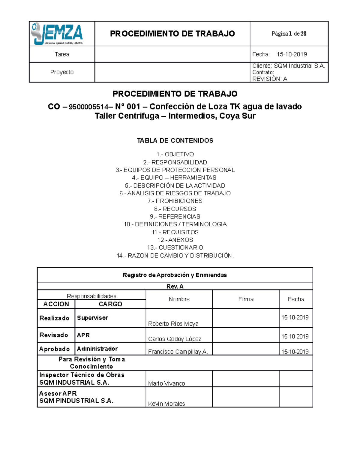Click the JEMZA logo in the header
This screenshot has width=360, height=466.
point(57,34)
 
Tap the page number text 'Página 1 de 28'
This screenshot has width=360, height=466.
point(289,34)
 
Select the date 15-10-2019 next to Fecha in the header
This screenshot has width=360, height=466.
point(292,54)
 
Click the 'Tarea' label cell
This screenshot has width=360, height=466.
point(62,54)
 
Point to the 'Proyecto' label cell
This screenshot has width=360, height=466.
point(62,72)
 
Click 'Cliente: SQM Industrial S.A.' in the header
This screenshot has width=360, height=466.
point(289,66)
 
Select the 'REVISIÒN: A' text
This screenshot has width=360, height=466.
point(270,79)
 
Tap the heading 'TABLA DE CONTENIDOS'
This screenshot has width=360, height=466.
point(175,140)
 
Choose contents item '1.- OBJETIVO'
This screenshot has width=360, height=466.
point(175,154)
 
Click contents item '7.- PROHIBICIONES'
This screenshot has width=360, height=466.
point(175,201)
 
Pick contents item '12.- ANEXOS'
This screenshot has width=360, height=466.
point(175,240)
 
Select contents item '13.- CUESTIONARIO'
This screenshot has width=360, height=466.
point(175,248)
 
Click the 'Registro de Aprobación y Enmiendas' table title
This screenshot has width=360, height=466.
point(175,275)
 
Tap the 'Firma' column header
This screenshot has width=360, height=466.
point(246,299)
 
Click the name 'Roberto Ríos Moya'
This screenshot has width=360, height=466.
point(173,323)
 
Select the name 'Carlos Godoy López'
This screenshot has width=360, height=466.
point(175,339)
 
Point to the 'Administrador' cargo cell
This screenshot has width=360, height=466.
point(97,349)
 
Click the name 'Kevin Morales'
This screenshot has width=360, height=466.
point(166,404)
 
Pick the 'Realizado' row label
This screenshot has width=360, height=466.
point(54,318)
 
